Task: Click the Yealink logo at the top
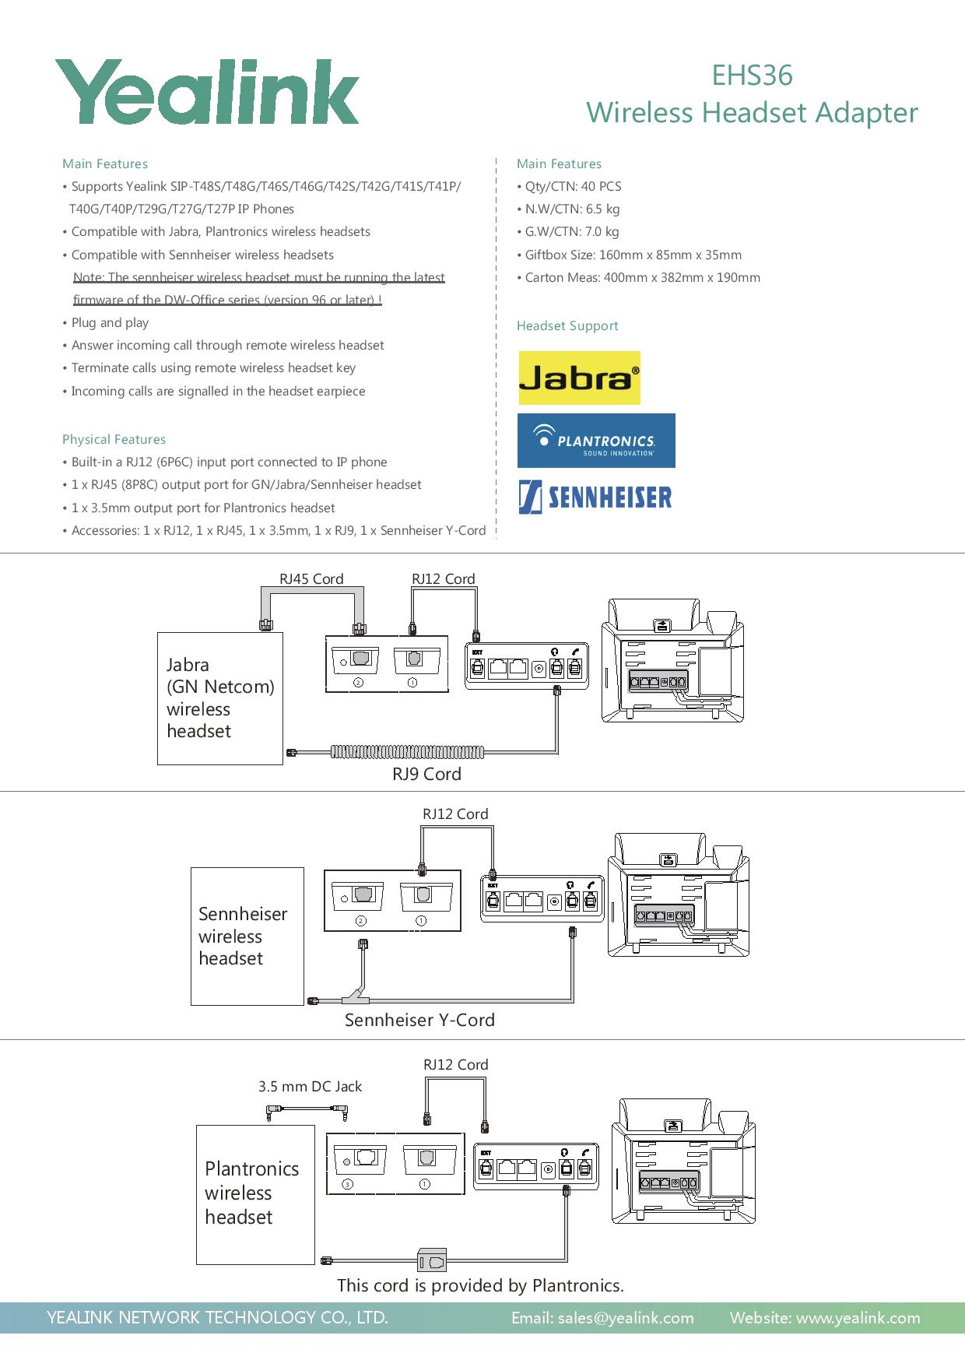[207, 92]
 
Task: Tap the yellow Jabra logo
[579, 378]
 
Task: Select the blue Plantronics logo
[596, 441]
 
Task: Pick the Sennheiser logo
[595, 497]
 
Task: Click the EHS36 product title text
[752, 76]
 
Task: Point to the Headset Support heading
[567, 326]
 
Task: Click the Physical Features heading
[114, 439]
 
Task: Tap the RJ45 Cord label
[311, 578]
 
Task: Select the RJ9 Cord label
[426, 774]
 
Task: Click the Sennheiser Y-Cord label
[419, 1020]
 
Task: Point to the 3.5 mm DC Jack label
[310, 1086]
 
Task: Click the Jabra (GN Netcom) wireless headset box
[220, 698]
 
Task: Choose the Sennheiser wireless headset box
[247, 936]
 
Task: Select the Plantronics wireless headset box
[255, 1194]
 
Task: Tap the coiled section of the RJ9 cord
[408, 752]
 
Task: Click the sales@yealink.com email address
[602, 1318]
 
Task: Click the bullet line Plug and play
[110, 322]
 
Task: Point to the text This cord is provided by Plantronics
[480, 1285]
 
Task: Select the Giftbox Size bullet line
[633, 255]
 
